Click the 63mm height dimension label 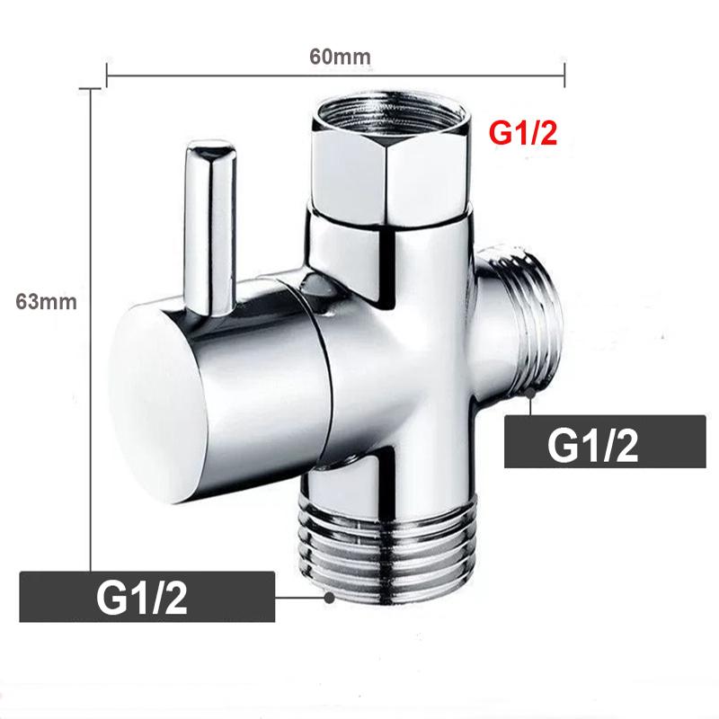47,302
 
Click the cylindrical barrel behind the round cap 261,377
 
